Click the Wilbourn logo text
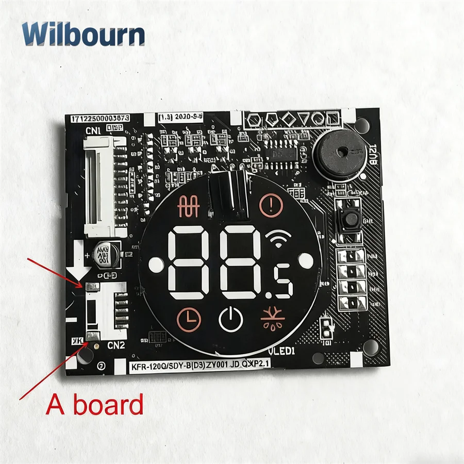(x=83, y=34)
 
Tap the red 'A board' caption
(x=95, y=405)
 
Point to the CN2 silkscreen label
(x=116, y=345)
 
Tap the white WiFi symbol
(x=279, y=238)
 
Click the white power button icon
(x=230, y=320)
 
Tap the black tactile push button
(x=351, y=220)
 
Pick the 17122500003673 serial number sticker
(x=100, y=119)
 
